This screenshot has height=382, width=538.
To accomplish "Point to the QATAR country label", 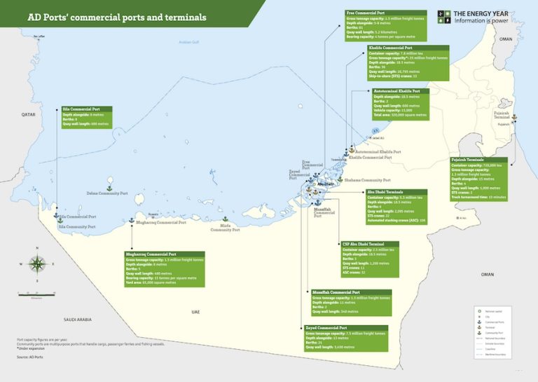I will [x=28, y=114].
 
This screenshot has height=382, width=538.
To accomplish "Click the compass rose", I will [x=39, y=264].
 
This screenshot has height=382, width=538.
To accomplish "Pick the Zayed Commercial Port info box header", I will [x=326, y=327].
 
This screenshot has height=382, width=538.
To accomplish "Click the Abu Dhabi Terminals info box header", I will [x=385, y=192].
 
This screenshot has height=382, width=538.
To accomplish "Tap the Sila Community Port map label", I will [x=76, y=227].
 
